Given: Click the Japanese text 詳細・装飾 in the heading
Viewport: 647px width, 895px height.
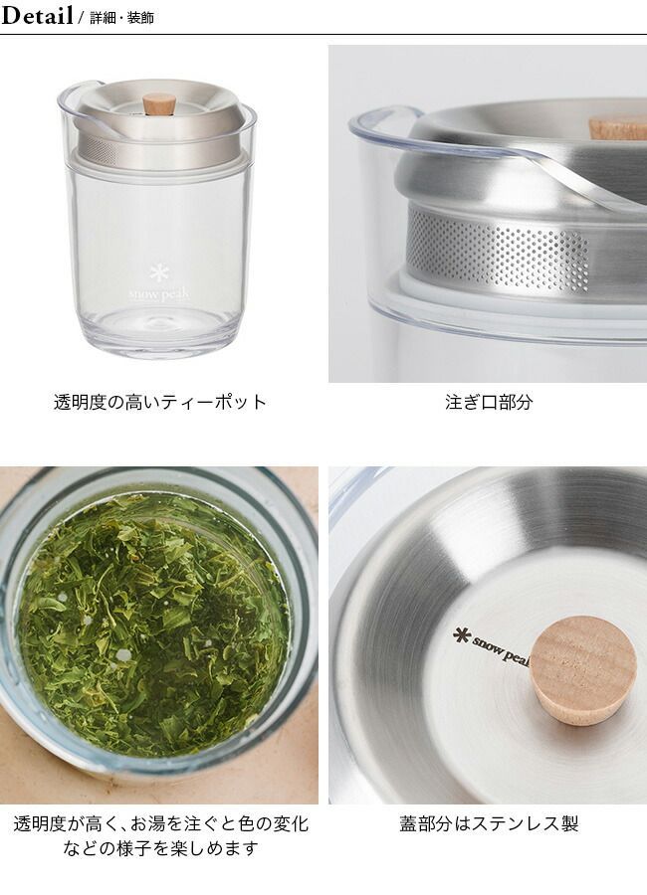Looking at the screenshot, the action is point(121,18).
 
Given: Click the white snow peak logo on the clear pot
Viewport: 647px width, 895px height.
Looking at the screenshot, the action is point(159,294).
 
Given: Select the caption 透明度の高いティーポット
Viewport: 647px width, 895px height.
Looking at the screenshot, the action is point(160,402).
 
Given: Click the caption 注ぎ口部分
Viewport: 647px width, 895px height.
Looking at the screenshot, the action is point(489,402).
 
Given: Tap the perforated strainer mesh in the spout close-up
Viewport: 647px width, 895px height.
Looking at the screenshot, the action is point(498,247).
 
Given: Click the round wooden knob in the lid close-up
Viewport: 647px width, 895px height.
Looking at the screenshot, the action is point(583,661).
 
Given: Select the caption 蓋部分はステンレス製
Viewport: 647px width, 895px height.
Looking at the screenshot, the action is point(489,823).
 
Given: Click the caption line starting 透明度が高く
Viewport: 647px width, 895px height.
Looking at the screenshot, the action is point(160,823).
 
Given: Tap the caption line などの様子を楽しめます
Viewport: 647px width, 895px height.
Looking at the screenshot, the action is point(160,849).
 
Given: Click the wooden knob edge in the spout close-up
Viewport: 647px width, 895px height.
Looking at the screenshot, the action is point(618,126).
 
